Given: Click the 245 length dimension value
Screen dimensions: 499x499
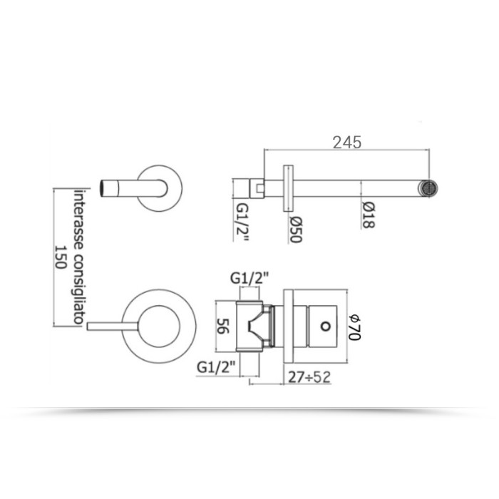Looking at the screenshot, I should coord(347,142).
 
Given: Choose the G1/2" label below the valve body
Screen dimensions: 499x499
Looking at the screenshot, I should coord(216,367).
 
